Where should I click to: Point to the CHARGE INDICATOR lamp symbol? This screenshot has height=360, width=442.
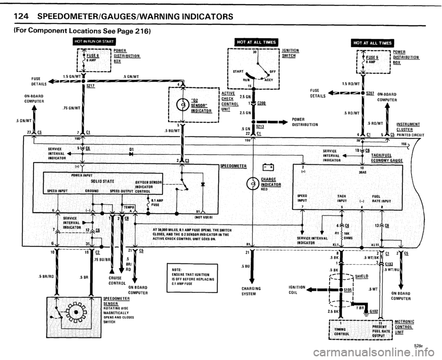tap(251, 183)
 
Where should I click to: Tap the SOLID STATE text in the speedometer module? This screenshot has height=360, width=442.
tap(101, 181)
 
